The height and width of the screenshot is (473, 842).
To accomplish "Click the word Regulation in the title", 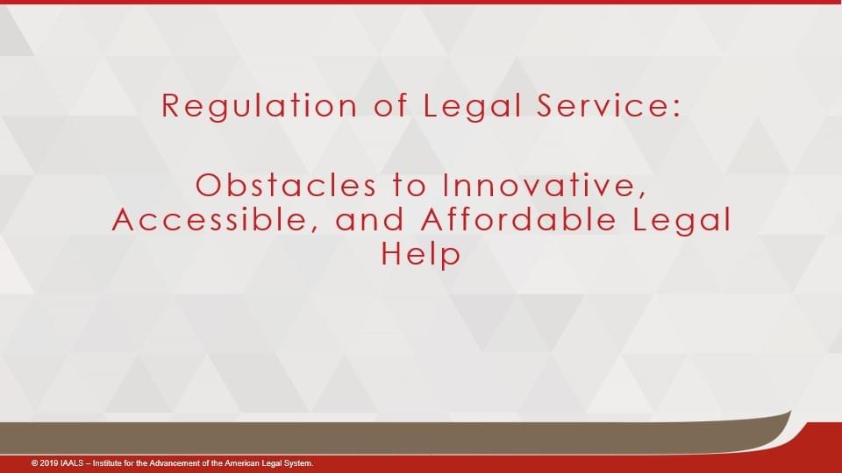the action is point(260,106).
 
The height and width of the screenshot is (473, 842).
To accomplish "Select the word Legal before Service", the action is point(472,106).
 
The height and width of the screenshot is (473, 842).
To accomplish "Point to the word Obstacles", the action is point(286,185).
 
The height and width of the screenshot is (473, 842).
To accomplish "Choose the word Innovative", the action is point(544,186).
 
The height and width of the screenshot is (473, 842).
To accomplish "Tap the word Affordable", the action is point(518,219).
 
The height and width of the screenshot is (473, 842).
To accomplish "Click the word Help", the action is point(421,253).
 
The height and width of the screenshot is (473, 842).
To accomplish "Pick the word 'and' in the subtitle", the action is point(369,220).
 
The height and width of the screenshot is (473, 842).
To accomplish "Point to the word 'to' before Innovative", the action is point(410,186).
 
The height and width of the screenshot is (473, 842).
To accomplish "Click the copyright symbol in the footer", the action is point(34,462).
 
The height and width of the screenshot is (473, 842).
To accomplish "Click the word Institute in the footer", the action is point(107,462).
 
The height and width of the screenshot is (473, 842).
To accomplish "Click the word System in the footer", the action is point(297,462).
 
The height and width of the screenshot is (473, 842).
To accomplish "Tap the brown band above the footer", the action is point(376,437).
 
